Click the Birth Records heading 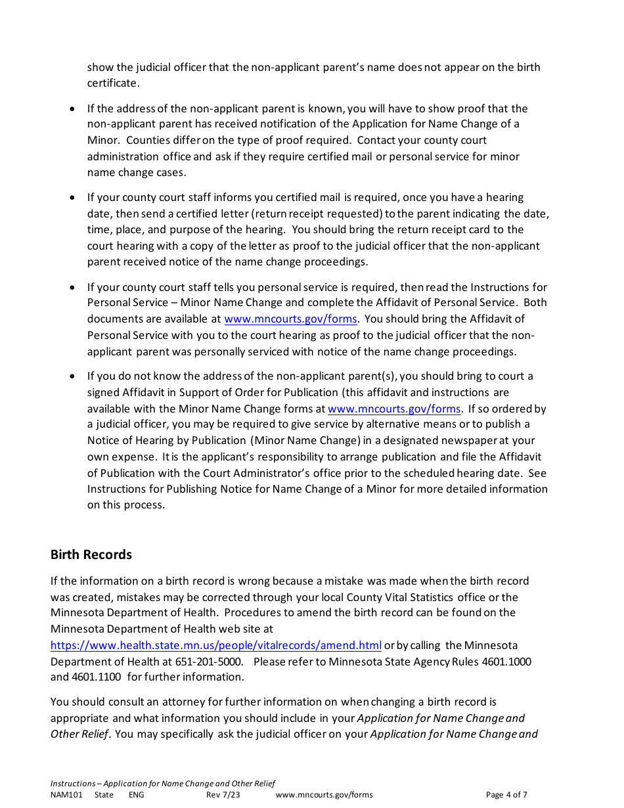[x=91, y=554]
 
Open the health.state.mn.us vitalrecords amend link [x=215, y=645]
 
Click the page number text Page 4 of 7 [x=506, y=795]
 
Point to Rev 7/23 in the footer [x=223, y=795]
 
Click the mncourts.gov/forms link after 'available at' [x=290, y=319]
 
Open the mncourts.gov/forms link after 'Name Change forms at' [x=394, y=409]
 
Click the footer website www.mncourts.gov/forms [x=324, y=795]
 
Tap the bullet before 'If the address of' [x=72, y=108]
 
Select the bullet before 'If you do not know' [x=72, y=376]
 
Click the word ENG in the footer [x=136, y=795]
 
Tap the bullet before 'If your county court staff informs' [x=72, y=198]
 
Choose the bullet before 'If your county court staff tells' [x=72, y=288]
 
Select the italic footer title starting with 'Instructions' [x=163, y=784]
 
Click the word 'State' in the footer [x=104, y=795]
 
